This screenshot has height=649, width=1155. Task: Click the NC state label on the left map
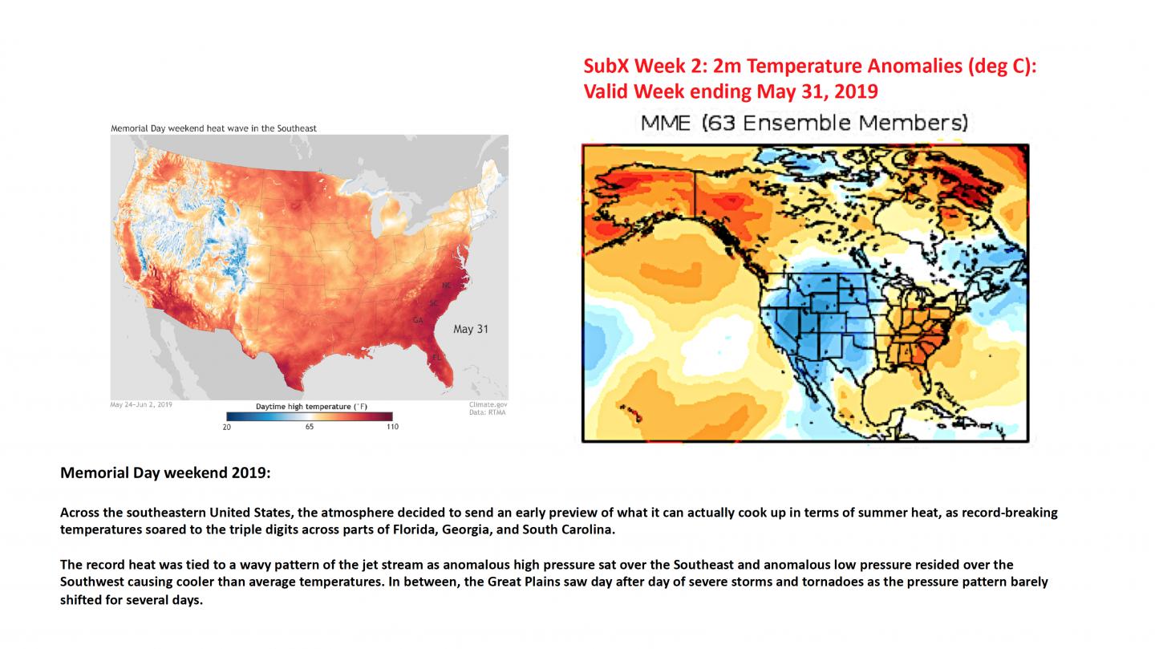(x=446, y=286)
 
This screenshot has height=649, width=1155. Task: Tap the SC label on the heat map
(x=433, y=303)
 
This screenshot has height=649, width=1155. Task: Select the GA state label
(x=417, y=320)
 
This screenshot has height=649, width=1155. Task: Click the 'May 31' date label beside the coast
(x=470, y=329)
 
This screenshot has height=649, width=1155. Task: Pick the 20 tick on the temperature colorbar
(x=226, y=427)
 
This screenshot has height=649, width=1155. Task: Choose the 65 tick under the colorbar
(x=310, y=427)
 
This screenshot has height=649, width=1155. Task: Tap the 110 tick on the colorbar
(x=391, y=427)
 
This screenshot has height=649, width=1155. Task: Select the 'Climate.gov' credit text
(x=488, y=405)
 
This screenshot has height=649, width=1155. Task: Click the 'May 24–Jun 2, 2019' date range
(x=141, y=405)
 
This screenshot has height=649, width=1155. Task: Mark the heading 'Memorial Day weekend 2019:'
(x=165, y=473)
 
